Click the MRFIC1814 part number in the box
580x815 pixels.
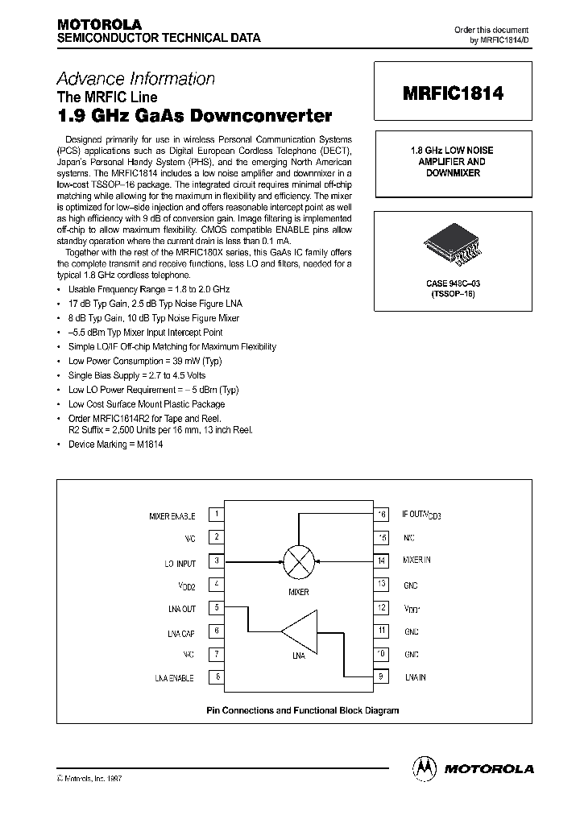tap(452, 94)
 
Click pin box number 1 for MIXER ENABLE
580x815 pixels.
tap(217, 514)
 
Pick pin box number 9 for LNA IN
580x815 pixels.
tap(381, 677)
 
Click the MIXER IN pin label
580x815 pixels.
tap(416, 561)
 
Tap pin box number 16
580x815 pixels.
tap(381, 514)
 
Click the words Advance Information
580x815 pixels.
tap(135, 79)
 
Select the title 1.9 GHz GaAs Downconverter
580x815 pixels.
tap(193, 115)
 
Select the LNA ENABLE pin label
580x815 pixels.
tap(174, 678)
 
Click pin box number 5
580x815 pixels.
tap(217, 608)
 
